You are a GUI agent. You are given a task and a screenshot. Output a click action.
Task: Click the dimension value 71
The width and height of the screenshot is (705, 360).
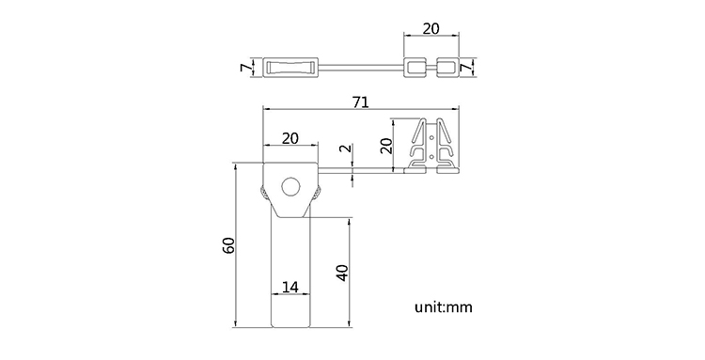[361, 102]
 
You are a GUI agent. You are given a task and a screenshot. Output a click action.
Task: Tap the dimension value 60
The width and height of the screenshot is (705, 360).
[228, 245]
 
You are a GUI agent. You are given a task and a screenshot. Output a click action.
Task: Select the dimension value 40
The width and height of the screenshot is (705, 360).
[342, 273]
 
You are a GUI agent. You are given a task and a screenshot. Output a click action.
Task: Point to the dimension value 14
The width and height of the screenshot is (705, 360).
[290, 287]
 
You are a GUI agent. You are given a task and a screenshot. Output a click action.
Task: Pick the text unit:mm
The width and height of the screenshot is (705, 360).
[444, 307]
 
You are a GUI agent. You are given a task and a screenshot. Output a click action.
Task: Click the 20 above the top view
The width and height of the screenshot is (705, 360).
[431, 28]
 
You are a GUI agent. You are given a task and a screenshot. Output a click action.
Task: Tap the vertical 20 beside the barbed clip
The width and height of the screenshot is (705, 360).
[386, 146]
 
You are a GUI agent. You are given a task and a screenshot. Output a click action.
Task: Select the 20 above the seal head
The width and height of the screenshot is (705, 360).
[290, 138]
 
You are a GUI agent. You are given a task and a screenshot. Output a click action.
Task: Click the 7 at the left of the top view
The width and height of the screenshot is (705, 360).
[245, 68]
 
